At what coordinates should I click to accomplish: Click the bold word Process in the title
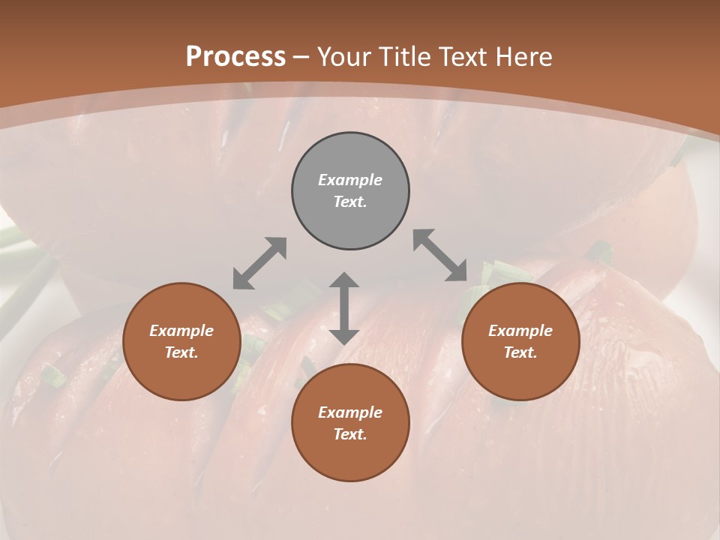[235, 57]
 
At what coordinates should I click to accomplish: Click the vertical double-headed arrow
[344, 308]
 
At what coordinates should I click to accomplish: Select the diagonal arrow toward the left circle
[259, 263]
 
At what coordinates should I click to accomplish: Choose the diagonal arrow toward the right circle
[440, 255]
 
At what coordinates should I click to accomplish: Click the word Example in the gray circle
[350, 180]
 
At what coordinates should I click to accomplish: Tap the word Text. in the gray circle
[350, 202]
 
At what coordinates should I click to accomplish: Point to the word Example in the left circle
[181, 331]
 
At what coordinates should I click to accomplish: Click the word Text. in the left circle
[181, 352]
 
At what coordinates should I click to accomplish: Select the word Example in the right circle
[520, 331]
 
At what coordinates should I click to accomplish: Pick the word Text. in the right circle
[520, 352]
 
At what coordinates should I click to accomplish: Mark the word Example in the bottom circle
[350, 412]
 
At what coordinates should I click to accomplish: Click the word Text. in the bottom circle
[350, 434]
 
